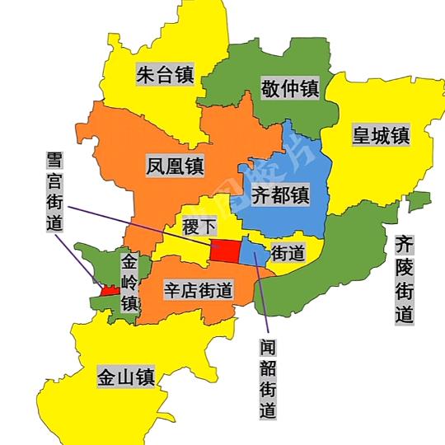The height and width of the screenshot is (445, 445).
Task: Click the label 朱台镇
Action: click(164, 76)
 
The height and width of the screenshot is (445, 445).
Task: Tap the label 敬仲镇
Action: click(290, 87)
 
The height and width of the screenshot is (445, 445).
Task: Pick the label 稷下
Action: click(201, 225)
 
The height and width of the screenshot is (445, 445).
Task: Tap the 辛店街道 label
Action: click(197, 290)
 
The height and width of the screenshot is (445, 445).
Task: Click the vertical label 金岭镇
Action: click(129, 282)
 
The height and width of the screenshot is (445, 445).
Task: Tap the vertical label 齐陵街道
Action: click(403, 279)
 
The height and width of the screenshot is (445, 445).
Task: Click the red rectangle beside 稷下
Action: click(224, 249)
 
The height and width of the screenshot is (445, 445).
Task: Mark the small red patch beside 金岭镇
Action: click(108, 291)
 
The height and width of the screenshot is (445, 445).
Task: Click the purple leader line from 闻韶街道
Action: click(260, 297)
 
